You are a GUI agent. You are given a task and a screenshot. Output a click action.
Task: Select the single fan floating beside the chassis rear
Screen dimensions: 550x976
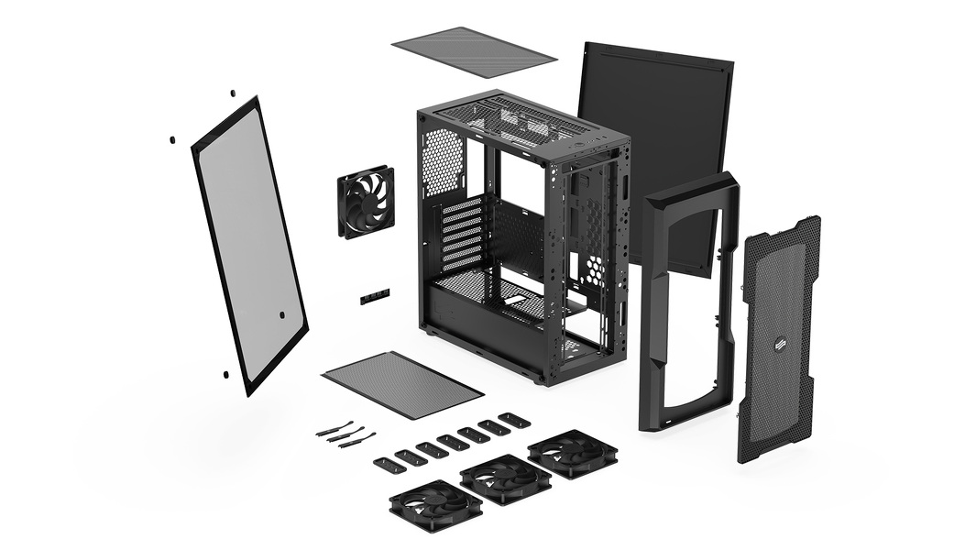point(365,202)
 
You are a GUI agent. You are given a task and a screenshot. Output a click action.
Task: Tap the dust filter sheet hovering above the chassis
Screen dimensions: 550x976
point(473,52)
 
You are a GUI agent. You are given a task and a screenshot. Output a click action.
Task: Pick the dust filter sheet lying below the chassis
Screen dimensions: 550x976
point(402,384)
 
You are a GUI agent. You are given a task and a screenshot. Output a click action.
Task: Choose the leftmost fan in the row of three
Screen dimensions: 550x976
point(435,506)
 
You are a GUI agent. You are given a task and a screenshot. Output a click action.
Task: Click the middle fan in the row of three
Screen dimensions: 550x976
point(505,478)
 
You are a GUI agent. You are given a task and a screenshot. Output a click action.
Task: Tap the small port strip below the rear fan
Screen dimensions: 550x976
point(374,296)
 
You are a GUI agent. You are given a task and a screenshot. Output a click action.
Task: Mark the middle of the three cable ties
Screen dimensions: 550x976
point(345,434)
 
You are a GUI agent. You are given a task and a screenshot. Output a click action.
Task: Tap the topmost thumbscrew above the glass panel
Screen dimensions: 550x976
point(233,93)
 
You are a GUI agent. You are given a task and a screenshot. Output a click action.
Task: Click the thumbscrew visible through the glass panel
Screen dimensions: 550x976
point(281,314)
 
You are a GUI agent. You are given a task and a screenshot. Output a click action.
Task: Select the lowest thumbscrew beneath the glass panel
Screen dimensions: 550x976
point(225,374)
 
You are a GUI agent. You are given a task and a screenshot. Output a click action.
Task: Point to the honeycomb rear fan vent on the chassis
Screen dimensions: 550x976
point(442,161)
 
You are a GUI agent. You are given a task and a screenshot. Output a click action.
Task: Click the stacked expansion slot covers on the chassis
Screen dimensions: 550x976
point(462,234)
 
